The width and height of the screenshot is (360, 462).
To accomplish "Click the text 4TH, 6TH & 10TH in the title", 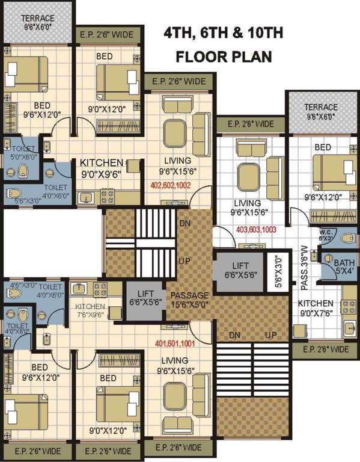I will (x=224, y=33).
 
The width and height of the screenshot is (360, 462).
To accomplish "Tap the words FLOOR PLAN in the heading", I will (x=224, y=57).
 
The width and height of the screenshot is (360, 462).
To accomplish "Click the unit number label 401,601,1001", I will (x=177, y=344).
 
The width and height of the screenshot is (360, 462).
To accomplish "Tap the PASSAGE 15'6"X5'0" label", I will (x=189, y=300).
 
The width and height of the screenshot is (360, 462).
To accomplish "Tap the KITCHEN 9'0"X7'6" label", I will (x=316, y=307).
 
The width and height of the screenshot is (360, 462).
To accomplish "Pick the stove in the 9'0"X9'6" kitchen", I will (x=107, y=195).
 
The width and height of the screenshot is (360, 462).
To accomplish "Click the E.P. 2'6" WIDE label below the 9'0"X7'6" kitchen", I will (x=325, y=349).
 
